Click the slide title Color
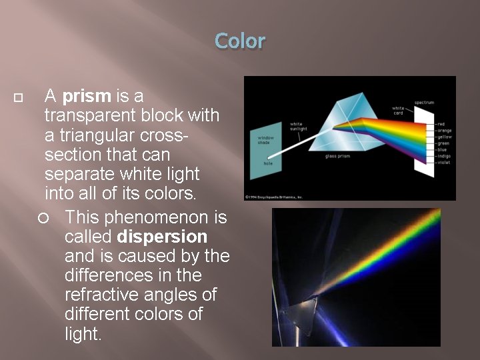(x=240, y=41)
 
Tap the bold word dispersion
(x=162, y=237)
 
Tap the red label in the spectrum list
(x=441, y=124)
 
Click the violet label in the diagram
(x=443, y=162)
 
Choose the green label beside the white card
(x=443, y=143)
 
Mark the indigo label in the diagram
(x=444, y=156)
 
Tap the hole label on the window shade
(x=267, y=163)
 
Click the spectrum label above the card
(x=424, y=103)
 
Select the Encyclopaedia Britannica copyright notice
(x=274, y=197)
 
